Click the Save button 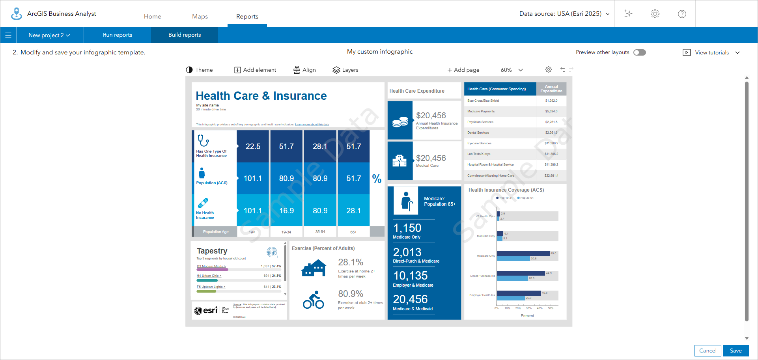[x=736, y=351]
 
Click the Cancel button [x=708, y=351]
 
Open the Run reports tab [x=118, y=35]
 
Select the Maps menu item [x=200, y=17]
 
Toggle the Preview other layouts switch [x=639, y=52]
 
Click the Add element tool [x=256, y=70]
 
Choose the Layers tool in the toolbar [x=345, y=70]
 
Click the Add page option [x=463, y=70]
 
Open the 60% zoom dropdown [x=512, y=70]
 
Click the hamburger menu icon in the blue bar [x=8, y=35]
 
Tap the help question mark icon [x=682, y=14]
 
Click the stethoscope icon [x=203, y=140]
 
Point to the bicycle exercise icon [x=314, y=300]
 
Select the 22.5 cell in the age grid [x=253, y=146]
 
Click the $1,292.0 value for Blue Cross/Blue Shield [x=551, y=101]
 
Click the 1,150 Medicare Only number [x=407, y=228]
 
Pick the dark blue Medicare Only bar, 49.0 [x=523, y=254]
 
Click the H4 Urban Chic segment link [x=209, y=276]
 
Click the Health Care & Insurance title [x=261, y=96]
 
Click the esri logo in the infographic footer [x=206, y=310]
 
